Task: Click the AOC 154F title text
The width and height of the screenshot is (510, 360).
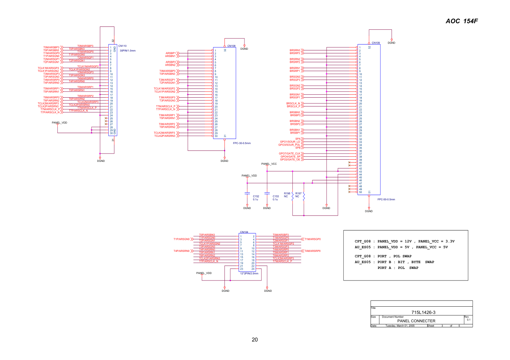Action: pyautogui.click(x=461, y=21)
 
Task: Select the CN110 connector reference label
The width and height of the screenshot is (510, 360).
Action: pyautogui.click(x=122, y=46)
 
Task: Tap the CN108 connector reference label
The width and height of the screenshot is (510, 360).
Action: pyautogui.click(x=231, y=46)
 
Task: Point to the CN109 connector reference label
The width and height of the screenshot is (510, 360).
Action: pyautogui.click(x=376, y=43)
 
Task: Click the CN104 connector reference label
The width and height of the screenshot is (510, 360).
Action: pyautogui.click(x=244, y=232)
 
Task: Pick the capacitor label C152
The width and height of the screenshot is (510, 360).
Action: pyautogui.click(x=256, y=196)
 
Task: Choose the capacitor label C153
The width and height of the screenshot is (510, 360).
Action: pyautogui.click(x=276, y=196)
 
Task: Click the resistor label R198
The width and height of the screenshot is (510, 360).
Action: pyautogui.click(x=287, y=193)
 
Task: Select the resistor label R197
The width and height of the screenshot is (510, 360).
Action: pyautogui.click(x=298, y=193)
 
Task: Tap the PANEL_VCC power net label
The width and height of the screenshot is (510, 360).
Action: pyautogui.click(x=269, y=164)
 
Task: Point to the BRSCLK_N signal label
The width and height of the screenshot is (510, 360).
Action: pyautogui.click(x=293, y=103)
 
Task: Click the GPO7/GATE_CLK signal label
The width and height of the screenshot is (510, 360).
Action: pyautogui.click(x=290, y=154)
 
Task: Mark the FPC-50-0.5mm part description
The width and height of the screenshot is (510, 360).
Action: pyautogui.click(x=386, y=200)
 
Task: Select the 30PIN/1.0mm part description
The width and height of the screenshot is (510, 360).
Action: pyautogui.click(x=127, y=51)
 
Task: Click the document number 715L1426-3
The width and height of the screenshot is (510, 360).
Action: pyautogui.click(x=423, y=312)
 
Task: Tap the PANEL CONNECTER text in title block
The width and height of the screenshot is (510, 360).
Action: pyautogui.click(x=416, y=321)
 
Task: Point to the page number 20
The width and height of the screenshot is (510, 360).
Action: pyautogui.click(x=255, y=340)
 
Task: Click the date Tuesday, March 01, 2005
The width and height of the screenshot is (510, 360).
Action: pyautogui.click(x=400, y=326)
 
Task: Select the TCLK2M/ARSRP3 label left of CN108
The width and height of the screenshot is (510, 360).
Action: pyautogui.click(x=164, y=133)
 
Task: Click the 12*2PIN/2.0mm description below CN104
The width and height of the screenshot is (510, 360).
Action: pyautogui.click(x=249, y=274)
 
